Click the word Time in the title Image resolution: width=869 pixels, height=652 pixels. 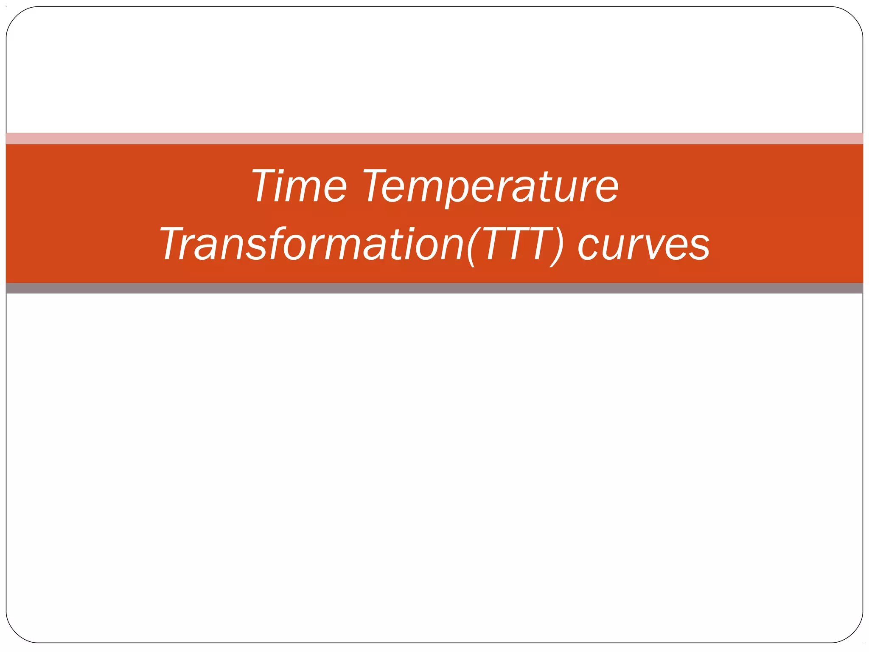(x=300, y=186)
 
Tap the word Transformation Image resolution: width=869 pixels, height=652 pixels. (x=312, y=244)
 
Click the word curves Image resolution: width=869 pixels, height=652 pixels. (x=643, y=245)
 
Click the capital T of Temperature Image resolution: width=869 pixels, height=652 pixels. (x=376, y=185)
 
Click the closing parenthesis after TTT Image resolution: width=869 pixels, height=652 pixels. (x=557, y=246)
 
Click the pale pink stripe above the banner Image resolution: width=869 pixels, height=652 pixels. (x=434, y=138)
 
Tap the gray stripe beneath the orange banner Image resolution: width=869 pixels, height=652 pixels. (x=434, y=288)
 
